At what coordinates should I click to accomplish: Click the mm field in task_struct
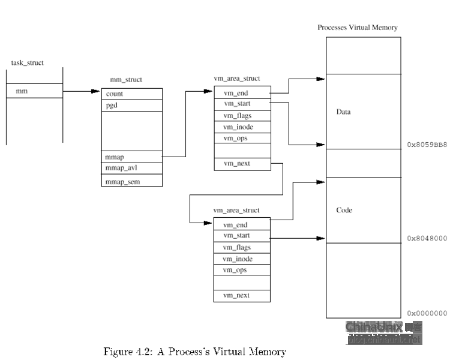(22, 91)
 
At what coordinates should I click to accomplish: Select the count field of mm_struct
(115, 94)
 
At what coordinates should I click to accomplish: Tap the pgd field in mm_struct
(112, 106)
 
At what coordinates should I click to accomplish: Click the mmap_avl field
(121, 168)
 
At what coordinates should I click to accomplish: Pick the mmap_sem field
(122, 181)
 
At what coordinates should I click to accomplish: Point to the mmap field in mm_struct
(115, 157)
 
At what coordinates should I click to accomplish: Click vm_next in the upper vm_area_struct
(236, 164)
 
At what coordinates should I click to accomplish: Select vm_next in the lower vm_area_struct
(236, 295)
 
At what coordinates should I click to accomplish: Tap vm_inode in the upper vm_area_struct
(238, 127)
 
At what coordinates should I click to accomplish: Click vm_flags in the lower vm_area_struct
(236, 247)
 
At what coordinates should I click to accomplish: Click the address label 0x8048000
(427, 238)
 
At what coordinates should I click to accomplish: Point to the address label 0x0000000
(427, 313)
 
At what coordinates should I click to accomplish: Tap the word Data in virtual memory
(344, 112)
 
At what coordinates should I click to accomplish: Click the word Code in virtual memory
(344, 210)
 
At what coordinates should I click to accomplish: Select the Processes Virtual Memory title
(357, 28)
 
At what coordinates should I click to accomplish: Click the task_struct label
(28, 63)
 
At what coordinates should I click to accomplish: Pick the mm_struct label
(126, 80)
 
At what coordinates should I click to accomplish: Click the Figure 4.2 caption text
(194, 352)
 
